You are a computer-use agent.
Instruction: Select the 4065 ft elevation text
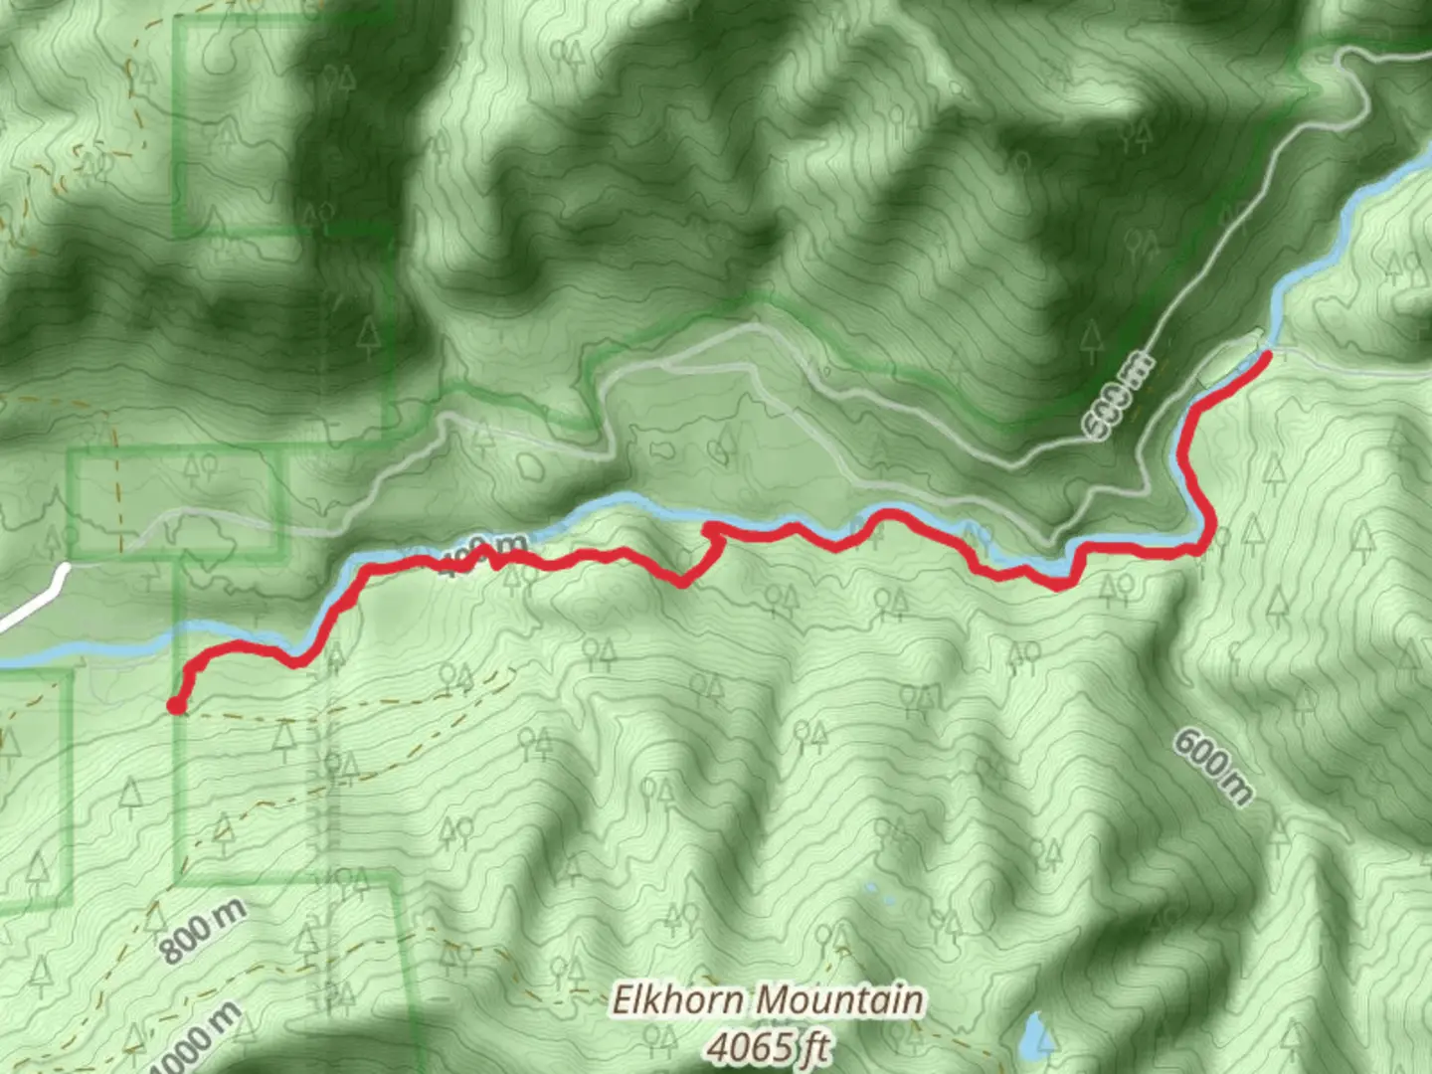tap(769, 1045)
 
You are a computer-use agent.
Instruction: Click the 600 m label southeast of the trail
tap(1214, 766)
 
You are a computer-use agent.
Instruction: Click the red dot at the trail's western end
tap(175, 706)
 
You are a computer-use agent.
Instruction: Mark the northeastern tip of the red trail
tap(1268, 353)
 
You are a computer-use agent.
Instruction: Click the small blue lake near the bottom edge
tap(1036, 1036)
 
